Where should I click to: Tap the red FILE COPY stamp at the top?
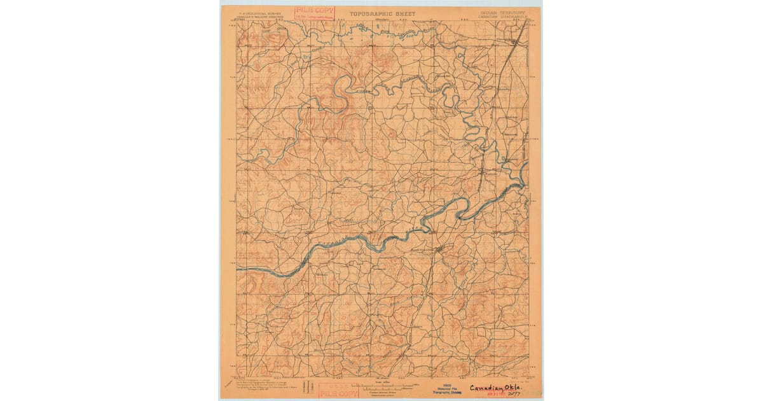pyautogui.click(x=313, y=12)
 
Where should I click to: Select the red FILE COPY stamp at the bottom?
pyautogui.click(x=338, y=390)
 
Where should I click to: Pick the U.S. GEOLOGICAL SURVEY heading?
pyautogui.click(x=260, y=12)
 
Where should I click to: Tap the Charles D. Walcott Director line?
pyautogui.click(x=260, y=17)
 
